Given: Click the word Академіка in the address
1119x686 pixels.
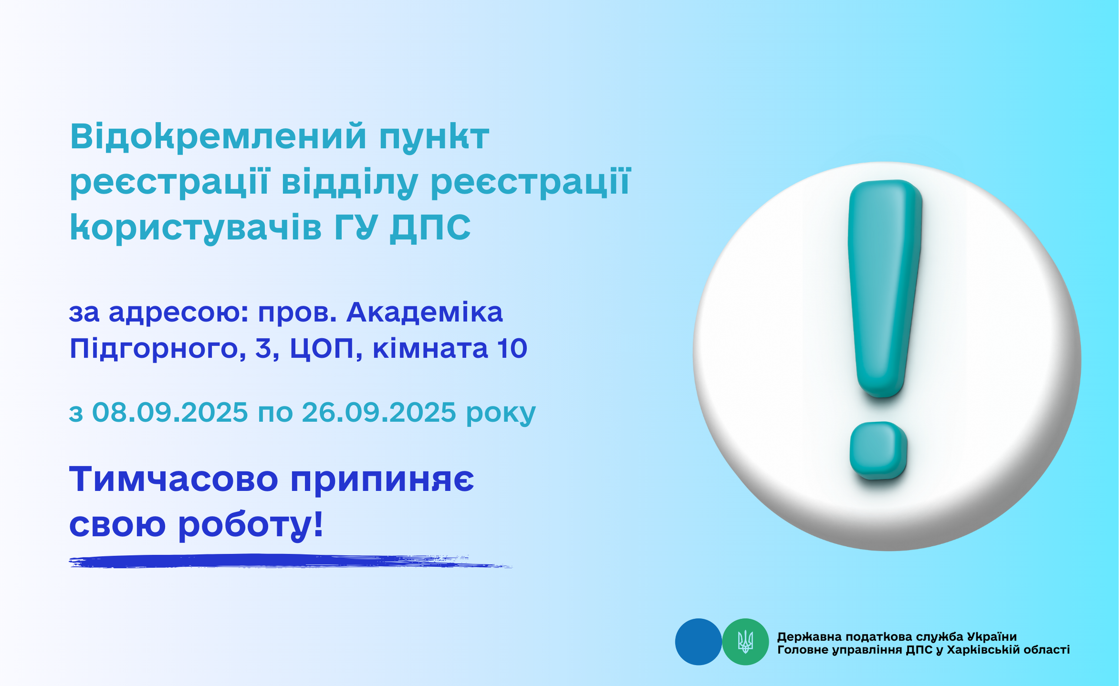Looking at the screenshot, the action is (424, 313).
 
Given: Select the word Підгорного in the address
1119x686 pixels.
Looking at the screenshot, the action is (157, 349).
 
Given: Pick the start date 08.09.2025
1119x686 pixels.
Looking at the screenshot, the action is (170, 412).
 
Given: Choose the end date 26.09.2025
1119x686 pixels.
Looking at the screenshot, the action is (379, 412).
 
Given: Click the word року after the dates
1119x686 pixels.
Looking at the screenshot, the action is (501, 414).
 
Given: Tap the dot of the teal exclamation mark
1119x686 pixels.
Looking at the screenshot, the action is (878, 450).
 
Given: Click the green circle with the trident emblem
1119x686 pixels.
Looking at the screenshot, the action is (745, 642).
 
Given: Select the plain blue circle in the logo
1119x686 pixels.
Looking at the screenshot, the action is (698, 642).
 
